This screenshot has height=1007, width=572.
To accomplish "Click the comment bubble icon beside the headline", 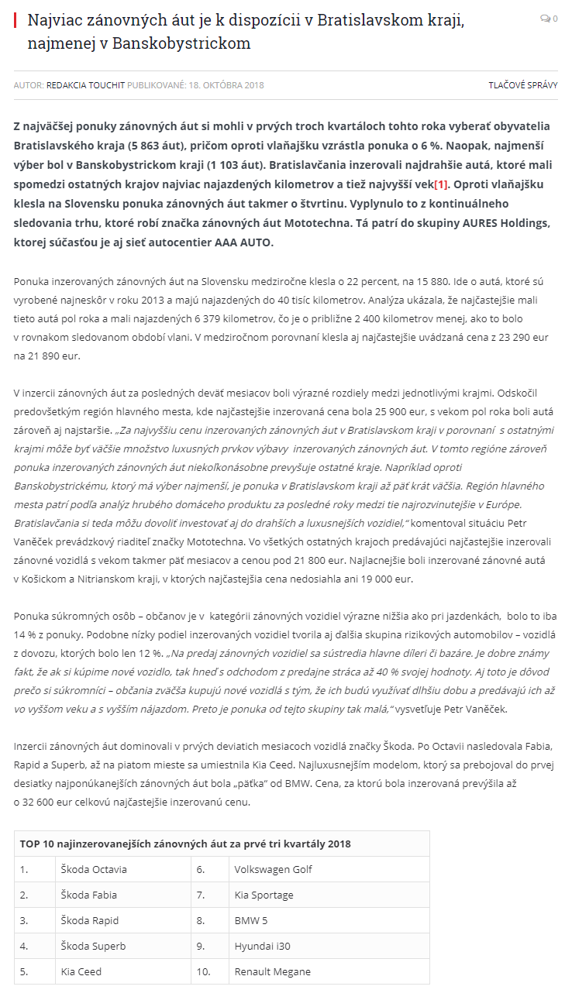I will tap(545, 19).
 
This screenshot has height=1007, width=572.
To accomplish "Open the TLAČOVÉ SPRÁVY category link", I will tap(522, 85).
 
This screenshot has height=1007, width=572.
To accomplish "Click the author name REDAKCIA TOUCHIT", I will tap(85, 85).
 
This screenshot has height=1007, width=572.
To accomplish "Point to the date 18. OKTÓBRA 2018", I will tap(226, 85).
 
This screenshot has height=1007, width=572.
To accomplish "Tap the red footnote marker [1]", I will tap(441, 184).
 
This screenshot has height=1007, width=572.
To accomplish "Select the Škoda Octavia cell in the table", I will tap(94, 869).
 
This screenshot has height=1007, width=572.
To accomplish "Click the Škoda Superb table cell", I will tap(93, 946).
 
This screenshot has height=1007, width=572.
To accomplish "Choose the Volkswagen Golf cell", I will tap(273, 869).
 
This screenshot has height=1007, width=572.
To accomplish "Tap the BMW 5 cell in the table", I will tap(252, 920).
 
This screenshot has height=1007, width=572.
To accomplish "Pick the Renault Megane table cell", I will tap(272, 971).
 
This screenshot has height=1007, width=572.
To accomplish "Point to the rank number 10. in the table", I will tap(204, 971).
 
